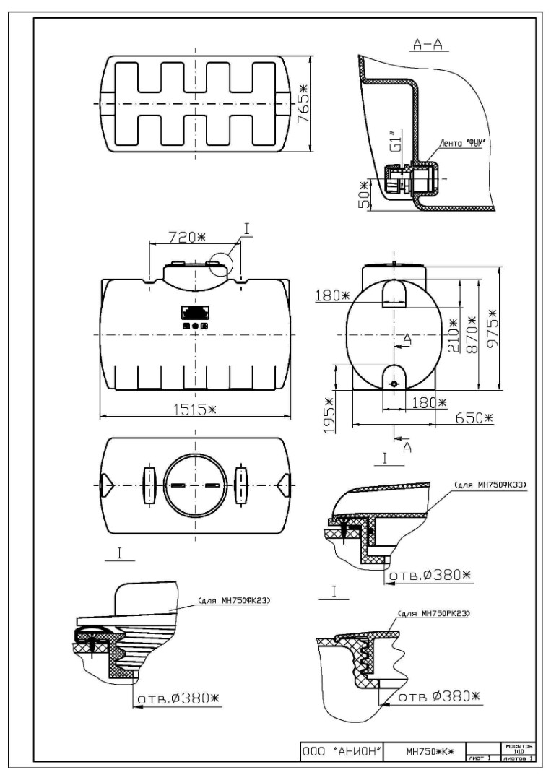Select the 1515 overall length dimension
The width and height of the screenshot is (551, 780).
(x=193, y=409)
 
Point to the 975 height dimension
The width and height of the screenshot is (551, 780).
(x=493, y=329)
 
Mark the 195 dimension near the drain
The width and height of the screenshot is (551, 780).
(x=329, y=416)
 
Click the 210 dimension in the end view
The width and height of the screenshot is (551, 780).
(x=453, y=335)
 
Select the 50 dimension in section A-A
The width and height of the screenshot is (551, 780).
(x=365, y=195)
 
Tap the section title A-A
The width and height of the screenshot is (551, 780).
(x=429, y=45)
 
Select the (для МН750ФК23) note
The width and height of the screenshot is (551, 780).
(x=229, y=600)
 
